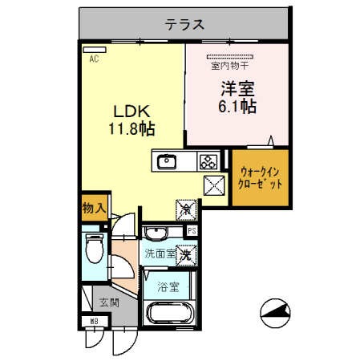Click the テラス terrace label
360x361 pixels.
tap(184, 24)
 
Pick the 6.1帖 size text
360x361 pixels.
tap(237, 106)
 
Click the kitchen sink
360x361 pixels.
tap(167, 160)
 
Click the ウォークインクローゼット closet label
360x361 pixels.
tap(261, 176)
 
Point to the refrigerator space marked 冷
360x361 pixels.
tap(186, 210)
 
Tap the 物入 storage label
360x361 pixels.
tap(94, 208)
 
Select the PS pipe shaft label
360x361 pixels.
tap(191, 233)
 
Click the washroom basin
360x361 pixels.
tap(155, 234)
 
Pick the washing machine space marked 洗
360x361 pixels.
tap(185, 255)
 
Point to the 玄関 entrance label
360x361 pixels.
tap(107, 303)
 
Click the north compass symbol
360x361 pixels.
tap(276, 313)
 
